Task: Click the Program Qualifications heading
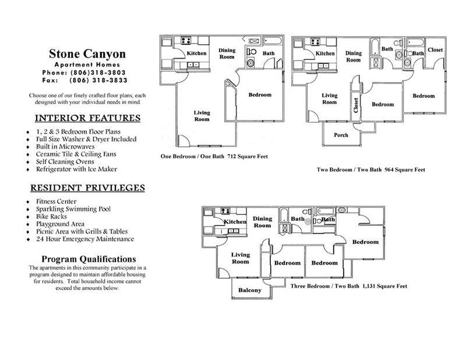pos(89,259)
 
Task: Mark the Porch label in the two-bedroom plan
pos(341,135)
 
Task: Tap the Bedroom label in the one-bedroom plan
pos(260,95)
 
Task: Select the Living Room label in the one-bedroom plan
pos(202,115)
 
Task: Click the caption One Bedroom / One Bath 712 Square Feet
pos(214,157)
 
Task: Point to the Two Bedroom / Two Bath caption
pos(370,170)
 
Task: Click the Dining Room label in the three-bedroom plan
pos(263,222)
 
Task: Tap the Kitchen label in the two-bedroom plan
pos(325,54)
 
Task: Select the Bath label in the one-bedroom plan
pos(268,54)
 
